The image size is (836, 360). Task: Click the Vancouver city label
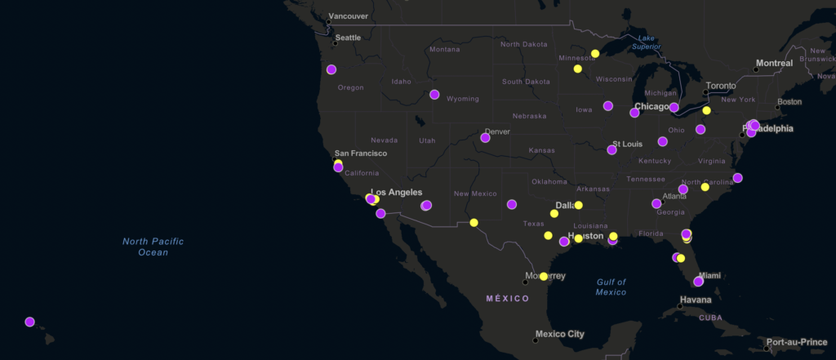[x=348, y=16]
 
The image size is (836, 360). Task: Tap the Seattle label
[x=348, y=38]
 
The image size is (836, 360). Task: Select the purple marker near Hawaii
[x=30, y=322]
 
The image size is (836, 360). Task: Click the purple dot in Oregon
[x=331, y=69]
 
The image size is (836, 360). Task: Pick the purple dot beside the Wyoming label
[x=435, y=95]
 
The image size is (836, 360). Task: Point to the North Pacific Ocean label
[x=153, y=247]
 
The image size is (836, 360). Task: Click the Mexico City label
[x=559, y=334]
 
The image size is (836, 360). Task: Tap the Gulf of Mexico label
[x=611, y=287]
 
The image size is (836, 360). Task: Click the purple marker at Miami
[x=699, y=282]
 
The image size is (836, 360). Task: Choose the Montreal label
[x=774, y=63]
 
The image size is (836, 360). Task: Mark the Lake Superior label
[x=647, y=42]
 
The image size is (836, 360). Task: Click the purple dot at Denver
[x=486, y=138]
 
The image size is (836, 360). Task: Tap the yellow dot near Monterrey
[x=544, y=277]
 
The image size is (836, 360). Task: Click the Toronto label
[x=720, y=86]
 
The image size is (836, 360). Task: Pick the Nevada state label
[x=384, y=140]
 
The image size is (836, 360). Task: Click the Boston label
[x=789, y=102]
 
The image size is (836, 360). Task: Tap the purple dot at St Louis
[x=612, y=149]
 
